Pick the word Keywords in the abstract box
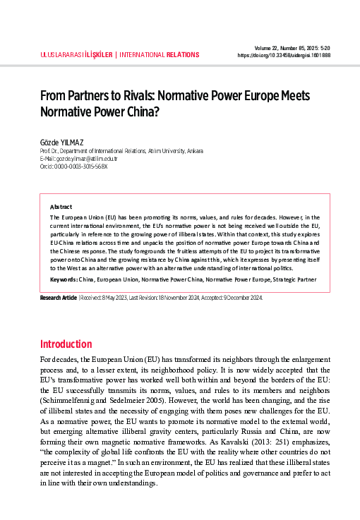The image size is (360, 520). [64, 279]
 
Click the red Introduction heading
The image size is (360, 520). [66, 344]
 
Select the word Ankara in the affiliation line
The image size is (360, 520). [196, 150]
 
